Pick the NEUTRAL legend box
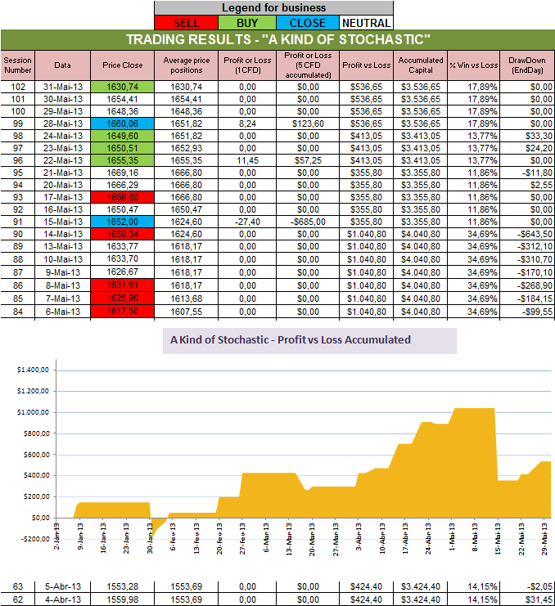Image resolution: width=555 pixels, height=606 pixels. [365, 23]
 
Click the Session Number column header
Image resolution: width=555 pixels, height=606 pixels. [16, 65]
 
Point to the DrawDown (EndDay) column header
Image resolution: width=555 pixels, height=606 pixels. [526, 65]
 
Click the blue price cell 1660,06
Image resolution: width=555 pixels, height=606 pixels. [123, 123]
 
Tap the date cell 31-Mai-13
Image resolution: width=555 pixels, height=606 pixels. [63, 86]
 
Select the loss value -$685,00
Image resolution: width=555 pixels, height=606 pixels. [307, 221]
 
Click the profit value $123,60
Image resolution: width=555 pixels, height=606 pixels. [307, 123]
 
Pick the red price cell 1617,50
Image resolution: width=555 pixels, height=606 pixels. [123, 312]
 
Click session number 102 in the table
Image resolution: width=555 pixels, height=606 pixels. [16, 86]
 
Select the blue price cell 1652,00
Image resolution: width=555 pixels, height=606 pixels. [123, 221]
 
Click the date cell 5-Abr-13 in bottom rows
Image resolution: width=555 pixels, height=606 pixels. [63, 585]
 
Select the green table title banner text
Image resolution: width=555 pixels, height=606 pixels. [277, 39]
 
